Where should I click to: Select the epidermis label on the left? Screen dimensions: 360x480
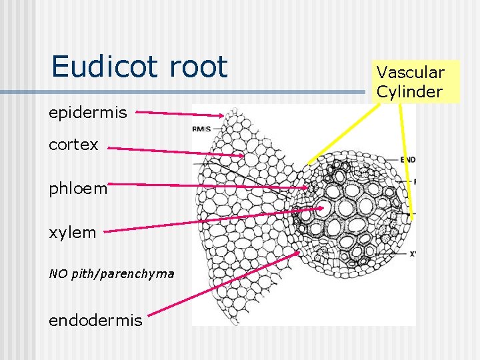[x=87, y=113]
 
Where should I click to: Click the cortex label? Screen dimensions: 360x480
[x=73, y=144]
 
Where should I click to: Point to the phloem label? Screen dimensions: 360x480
[x=78, y=189]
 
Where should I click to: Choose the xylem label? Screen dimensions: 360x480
[x=73, y=233]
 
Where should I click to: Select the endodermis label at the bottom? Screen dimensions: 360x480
[x=95, y=320]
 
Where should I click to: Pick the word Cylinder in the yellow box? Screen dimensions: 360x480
[x=409, y=91]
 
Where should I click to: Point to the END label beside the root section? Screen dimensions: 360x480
[x=408, y=160]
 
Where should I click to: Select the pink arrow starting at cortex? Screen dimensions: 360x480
[x=177, y=151]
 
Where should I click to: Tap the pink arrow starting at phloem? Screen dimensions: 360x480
[x=207, y=185]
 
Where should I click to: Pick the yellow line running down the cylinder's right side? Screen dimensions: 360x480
[x=407, y=160]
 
